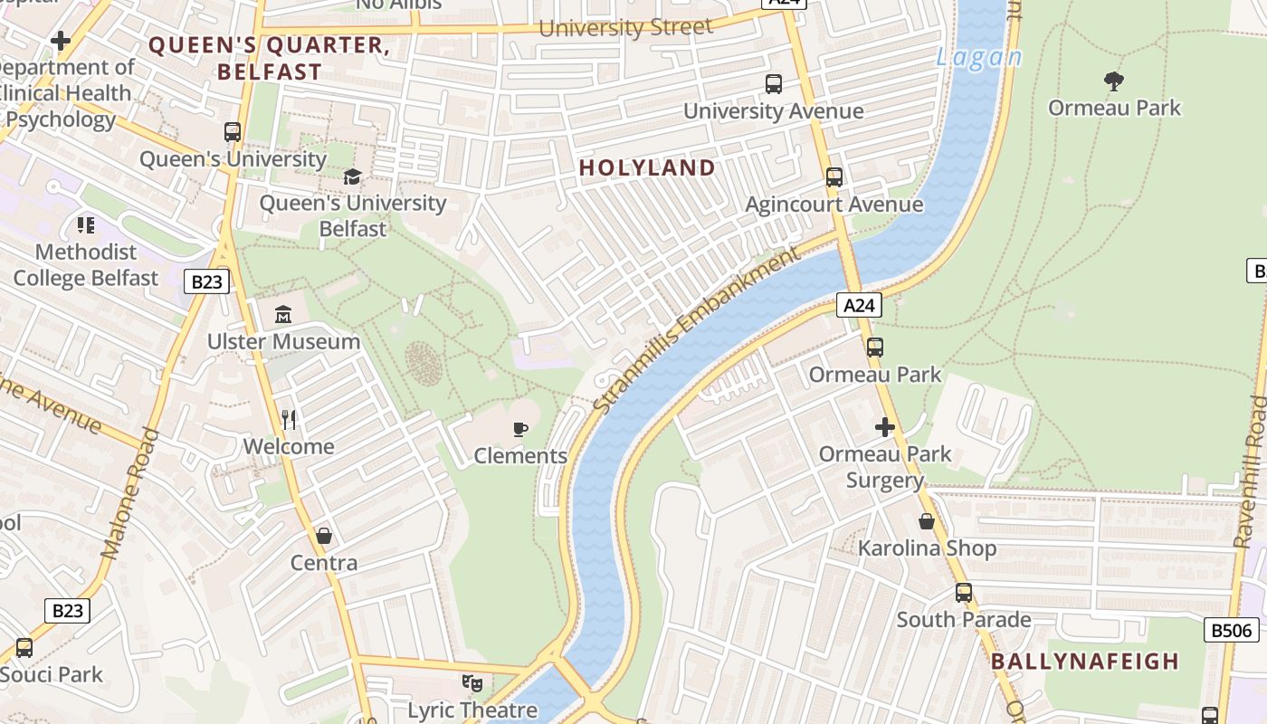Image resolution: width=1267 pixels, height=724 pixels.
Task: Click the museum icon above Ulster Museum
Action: [283, 315]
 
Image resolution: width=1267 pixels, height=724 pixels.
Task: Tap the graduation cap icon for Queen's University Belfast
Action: [352, 176]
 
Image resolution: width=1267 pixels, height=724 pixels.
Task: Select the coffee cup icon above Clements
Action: [520, 429]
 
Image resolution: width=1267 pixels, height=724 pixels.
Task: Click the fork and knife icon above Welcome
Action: [289, 419]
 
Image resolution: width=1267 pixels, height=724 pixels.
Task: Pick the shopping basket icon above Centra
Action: [324, 536]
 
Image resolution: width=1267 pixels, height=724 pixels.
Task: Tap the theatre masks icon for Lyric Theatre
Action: [472, 683]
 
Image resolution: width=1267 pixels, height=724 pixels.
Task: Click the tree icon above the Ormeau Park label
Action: [1114, 81]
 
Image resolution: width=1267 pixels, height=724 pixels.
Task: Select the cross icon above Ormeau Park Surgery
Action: [884, 427]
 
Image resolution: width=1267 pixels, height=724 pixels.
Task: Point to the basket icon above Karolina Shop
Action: [927, 521]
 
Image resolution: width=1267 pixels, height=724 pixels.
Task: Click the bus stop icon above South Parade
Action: [964, 593]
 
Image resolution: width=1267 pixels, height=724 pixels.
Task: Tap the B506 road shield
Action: [1231, 630]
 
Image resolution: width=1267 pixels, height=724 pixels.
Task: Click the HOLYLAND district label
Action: [647, 167]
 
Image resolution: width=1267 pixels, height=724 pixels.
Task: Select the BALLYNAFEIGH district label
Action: [1085, 661]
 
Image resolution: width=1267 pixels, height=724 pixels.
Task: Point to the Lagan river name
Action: [978, 58]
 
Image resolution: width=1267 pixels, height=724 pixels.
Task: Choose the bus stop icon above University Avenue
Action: [773, 84]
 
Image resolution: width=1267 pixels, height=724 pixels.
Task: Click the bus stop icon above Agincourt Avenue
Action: [834, 177]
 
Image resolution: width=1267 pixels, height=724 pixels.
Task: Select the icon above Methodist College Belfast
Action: [86, 224]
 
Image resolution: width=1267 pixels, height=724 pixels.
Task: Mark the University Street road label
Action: [625, 28]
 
